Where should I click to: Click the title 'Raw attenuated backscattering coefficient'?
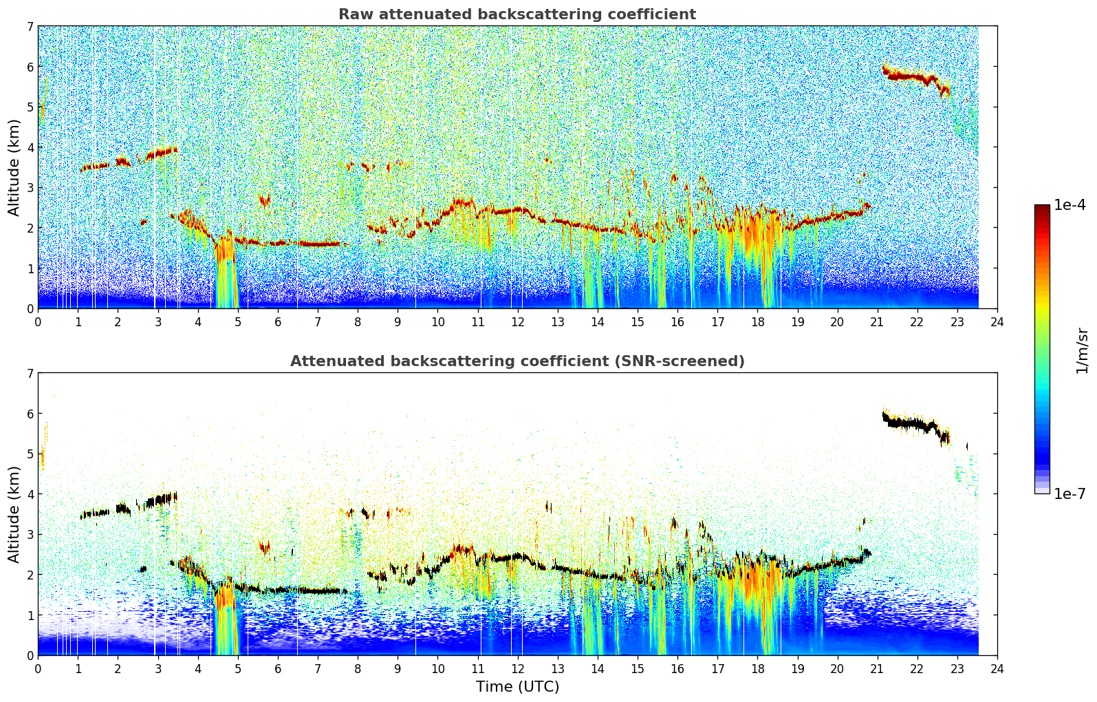(x=517, y=14)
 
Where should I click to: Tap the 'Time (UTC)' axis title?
(x=517, y=687)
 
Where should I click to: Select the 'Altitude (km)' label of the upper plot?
(x=14, y=168)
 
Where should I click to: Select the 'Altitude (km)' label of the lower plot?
(x=14, y=515)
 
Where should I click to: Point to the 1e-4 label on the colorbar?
(x=1069, y=205)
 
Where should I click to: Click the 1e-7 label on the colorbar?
(x=1069, y=493)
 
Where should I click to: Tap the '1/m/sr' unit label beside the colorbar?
(x=1083, y=351)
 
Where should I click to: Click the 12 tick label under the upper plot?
(x=518, y=322)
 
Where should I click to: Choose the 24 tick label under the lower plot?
(x=997, y=669)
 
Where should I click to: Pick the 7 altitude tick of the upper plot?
(x=30, y=26)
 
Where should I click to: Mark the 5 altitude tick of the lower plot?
(x=30, y=454)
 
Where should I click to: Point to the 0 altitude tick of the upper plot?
(x=30, y=309)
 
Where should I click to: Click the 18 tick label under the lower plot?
(x=758, y=669)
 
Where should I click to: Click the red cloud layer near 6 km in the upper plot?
(x=915, y=78)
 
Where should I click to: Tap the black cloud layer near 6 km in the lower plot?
(x=915, y=425)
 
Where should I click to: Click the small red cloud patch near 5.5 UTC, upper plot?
(x=265, y=200)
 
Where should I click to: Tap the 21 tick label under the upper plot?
(x=877, y=322)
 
